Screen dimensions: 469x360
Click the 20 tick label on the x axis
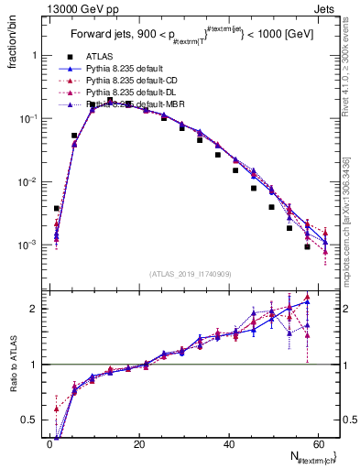click(x=138, y=445)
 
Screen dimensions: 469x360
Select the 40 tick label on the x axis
click(x=228, y=445)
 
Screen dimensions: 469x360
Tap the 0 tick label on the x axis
click(x=49, y=445)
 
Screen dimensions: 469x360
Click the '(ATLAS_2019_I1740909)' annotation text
click(x=190, y=273)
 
